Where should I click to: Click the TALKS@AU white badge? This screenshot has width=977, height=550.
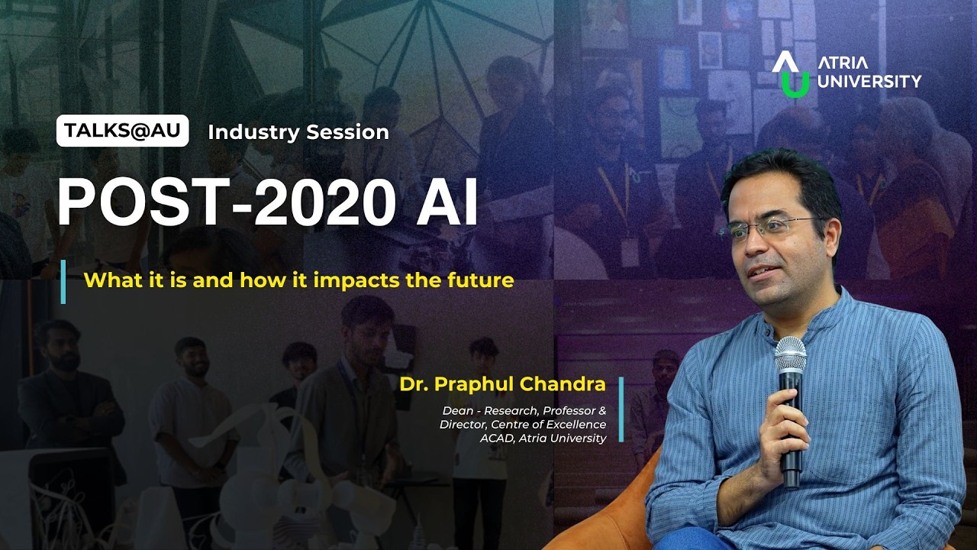point(122,131)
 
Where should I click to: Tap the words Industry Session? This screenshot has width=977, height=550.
point(298,132)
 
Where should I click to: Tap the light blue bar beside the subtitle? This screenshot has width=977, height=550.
point(63,282)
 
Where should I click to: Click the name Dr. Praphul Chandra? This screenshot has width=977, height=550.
point(501,384)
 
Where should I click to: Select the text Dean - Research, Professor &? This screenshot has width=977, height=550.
point(524,411)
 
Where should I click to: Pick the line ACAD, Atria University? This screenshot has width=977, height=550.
point(543,438)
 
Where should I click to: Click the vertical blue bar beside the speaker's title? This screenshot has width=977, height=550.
point(621,409)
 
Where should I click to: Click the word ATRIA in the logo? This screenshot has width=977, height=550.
point(842,63)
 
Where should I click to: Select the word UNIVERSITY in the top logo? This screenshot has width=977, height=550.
point(869,81)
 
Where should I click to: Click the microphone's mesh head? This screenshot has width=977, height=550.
point(790,355)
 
